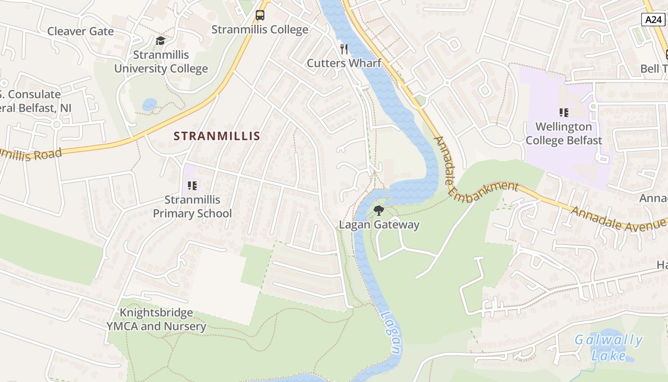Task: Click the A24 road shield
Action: pos(652,20)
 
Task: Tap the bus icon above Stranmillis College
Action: pos(260,15)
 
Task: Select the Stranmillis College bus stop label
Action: pos(260,30)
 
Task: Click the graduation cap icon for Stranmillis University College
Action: pos(160,41)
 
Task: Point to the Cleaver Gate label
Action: pos(80,32)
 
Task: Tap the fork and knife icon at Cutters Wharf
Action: pos(344,49)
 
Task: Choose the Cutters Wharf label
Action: pos(344,63)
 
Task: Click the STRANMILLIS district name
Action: pos(217,136)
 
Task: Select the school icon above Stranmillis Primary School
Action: pos(192,185)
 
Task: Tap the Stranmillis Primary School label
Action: pos(192,206)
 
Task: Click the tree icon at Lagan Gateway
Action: pos(379,210)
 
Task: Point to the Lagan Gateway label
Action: pos(379,224)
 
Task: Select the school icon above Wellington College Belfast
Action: pos(564,113)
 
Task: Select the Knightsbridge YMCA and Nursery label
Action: pos(156,320)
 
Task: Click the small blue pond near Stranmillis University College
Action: pos(149,104)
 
